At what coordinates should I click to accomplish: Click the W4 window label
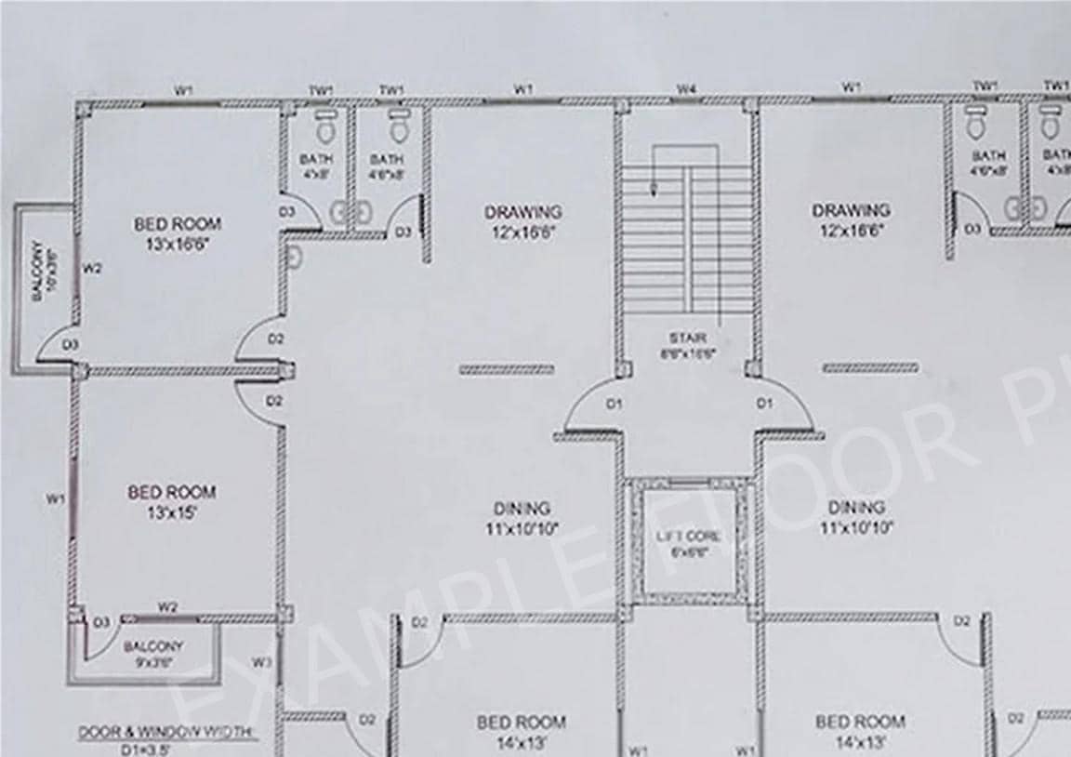(687, 89)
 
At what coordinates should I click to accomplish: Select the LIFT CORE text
(688, 537)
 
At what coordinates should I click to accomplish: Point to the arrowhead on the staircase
(654, 193)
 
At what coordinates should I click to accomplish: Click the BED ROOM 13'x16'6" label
(178, 232)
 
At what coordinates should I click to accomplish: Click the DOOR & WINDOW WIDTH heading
(167, 733)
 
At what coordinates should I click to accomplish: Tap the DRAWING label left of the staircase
(522, 221)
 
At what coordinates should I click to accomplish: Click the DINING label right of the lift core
(856, 517)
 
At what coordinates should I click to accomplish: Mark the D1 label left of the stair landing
(614, 404)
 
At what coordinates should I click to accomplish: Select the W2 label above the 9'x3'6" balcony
(167, 607)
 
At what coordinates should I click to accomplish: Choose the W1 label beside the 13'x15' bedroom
(56, 499)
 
